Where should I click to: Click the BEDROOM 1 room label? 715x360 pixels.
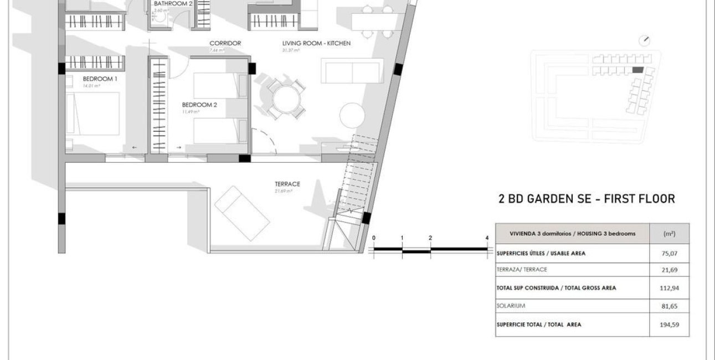coord(100,79)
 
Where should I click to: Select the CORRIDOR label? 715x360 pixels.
coord(225,43)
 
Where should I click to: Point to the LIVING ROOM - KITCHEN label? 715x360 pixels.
coord(316,43)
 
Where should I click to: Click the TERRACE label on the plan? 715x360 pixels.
coord(287,184)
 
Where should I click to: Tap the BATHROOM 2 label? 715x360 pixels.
coord(173,3)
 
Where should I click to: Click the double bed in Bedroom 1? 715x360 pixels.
coord(92,114)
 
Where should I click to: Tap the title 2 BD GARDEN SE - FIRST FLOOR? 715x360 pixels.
coord(587,199)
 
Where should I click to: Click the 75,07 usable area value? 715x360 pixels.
coord(669,254)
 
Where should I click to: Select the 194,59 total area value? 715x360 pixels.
coord(669,325)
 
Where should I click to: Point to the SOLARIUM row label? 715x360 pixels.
coord(511,306)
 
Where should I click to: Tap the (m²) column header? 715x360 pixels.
coord(669,234)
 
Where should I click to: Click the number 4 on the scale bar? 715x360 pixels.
coord(487,238)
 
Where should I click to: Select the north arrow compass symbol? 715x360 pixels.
coord(645,40)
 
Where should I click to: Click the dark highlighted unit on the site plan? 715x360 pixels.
coord(638,70)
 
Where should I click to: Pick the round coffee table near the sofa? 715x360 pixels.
coord(353,115)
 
